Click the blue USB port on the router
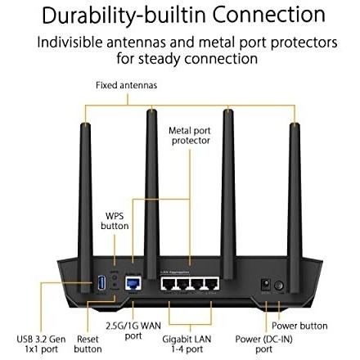coord(101,284)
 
